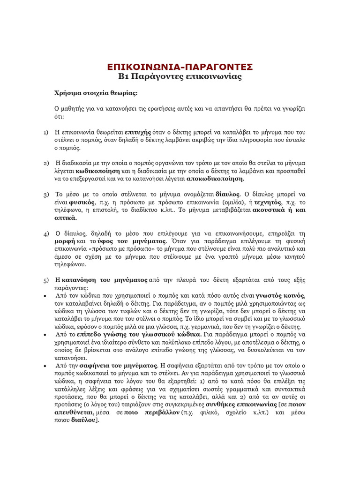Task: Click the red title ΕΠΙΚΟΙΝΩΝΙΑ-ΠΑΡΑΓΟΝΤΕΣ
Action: [x=180, y=66]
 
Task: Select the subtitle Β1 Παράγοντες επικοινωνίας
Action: [x=180, y=76]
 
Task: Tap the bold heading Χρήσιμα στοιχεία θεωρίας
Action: [x=96, y=93]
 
